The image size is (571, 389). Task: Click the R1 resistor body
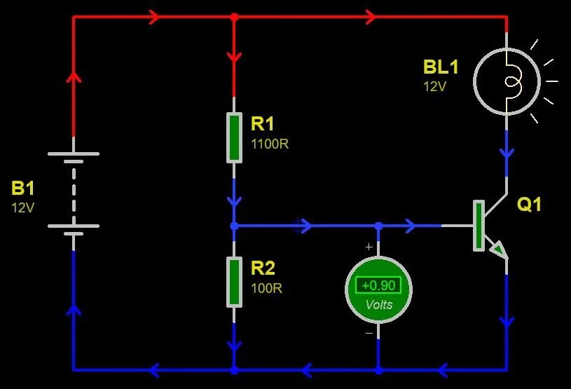click(x=234, y=137)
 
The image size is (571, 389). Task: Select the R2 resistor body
click(x=234, y=281)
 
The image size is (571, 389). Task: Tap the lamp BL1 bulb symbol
click(x=508, y=81)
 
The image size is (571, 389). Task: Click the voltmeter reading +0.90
click(x=378, y=285)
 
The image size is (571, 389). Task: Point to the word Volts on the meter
click(x=378, y=305)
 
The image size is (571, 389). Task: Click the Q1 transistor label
click(x=529, y=205)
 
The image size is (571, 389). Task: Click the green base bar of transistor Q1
click(x=479, y=226)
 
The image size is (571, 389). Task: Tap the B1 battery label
click(x=22, y=188)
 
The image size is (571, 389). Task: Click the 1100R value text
click(x=270, y=144)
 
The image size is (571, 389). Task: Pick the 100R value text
click(x=267, y=288)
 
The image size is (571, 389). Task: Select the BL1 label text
click(x=441, y=67)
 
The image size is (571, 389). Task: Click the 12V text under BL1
click(x=434, y=87)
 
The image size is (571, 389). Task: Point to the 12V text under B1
click(x=23, y=207)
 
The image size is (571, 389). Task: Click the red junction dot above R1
click(x=234, y=17)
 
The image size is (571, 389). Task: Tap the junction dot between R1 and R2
click(x=234, y=226)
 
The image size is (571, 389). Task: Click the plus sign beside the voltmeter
click(x=369, y=247)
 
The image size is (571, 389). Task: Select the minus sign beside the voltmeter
click(x=369, y=333)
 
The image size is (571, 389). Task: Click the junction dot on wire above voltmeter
click(x=378, y=226)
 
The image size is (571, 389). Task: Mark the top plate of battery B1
click(x=73, y=153)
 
